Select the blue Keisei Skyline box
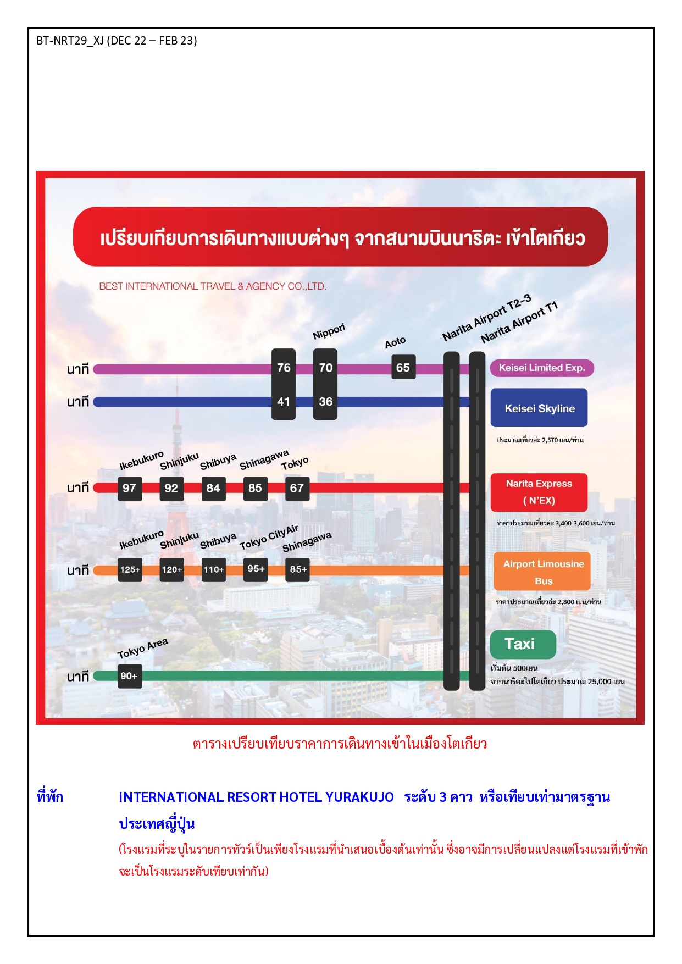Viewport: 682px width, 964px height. click(539, 408)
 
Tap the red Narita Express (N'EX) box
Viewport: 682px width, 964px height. click(539, 492)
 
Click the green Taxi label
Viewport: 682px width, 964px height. click(523, 644)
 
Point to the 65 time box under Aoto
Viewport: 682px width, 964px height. click(403, 368)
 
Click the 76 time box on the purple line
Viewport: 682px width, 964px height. click(284, 368)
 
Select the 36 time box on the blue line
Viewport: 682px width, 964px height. click(325, 402)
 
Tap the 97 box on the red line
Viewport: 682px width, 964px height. click(130, 489)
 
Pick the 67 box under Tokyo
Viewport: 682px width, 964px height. click(297, 489)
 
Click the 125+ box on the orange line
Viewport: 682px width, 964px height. click(130, 570)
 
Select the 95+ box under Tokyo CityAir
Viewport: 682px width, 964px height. click(256, 569)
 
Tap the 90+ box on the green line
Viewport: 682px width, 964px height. click(130, 676)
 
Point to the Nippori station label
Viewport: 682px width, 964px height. click(329, 332)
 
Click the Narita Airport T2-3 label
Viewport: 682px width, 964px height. click(487, 318)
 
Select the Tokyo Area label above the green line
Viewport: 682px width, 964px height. click(143, 649)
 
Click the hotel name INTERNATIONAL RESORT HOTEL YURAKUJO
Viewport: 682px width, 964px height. click(256, 797)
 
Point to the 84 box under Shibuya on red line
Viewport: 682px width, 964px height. click(213, 489)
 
